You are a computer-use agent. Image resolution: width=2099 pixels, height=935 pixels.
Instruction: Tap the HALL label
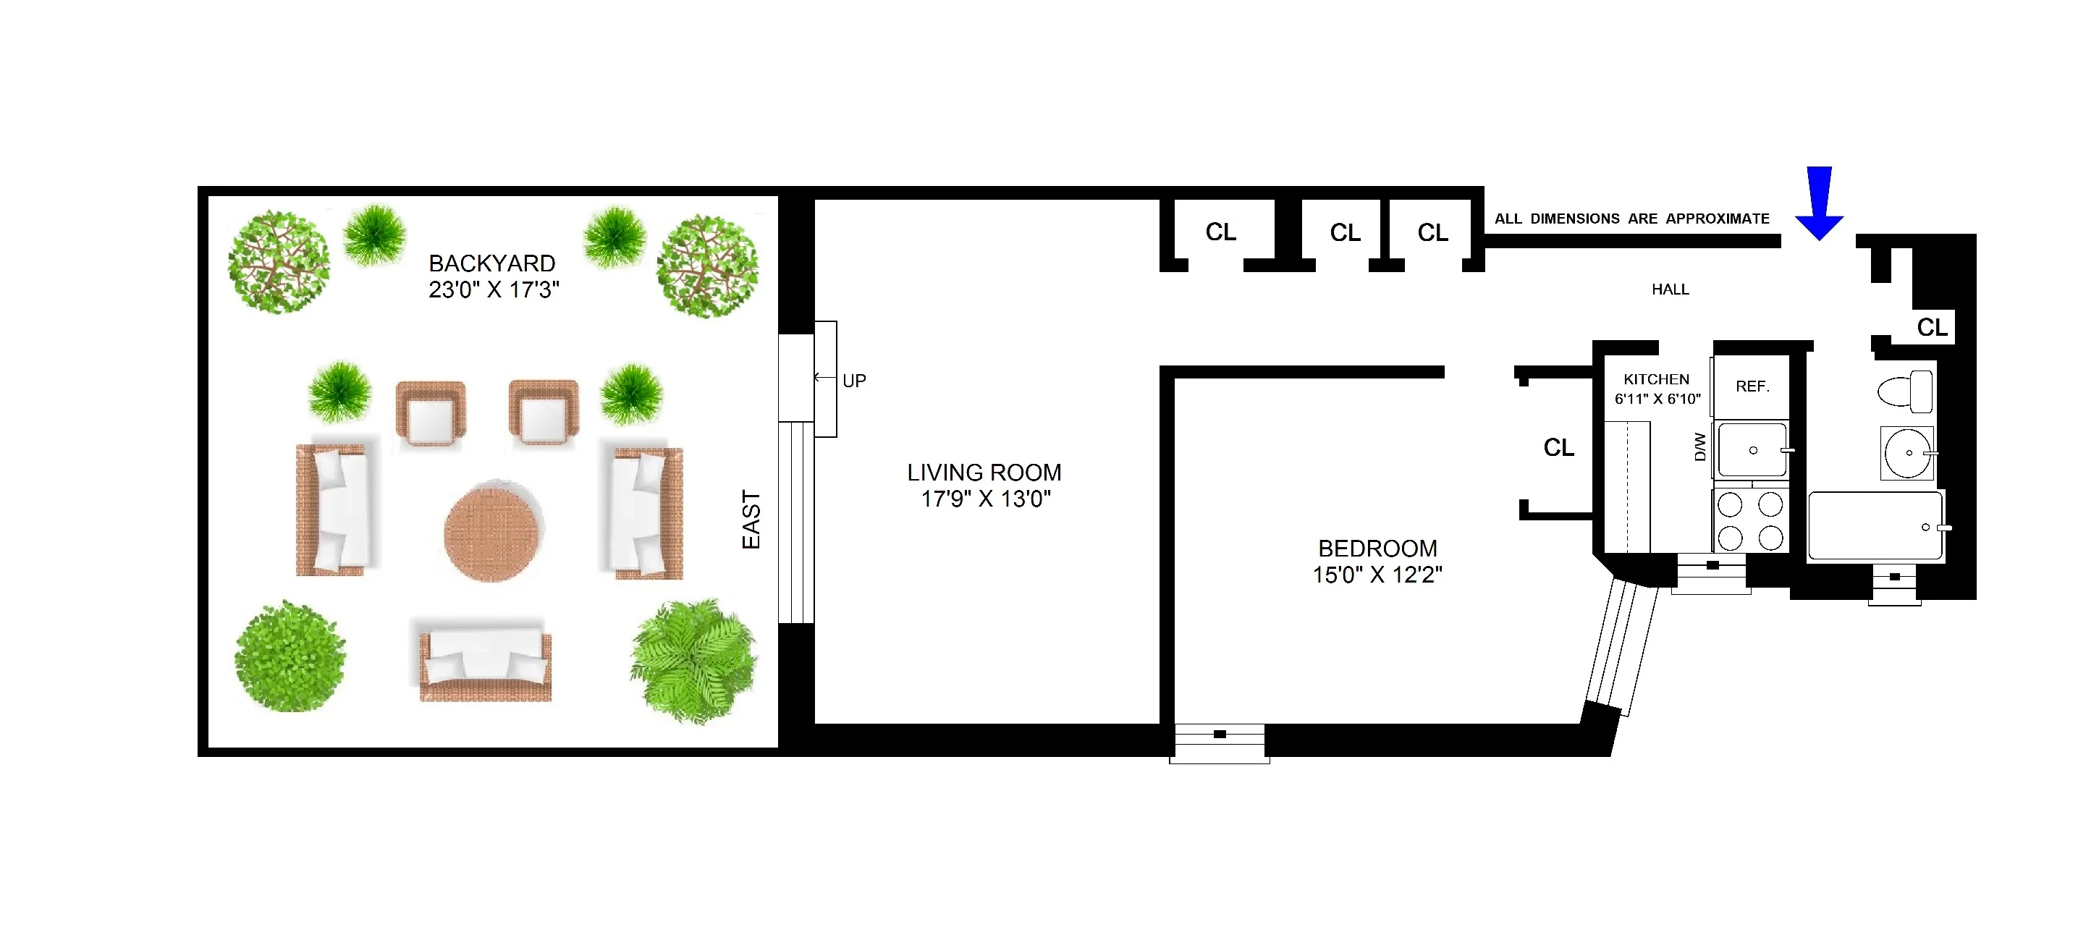(x=1670, y=289)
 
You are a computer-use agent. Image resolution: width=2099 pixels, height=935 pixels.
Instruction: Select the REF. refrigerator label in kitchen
(x=1752, y=386)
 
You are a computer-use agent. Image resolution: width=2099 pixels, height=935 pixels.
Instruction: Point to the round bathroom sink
(x=1906, y=453)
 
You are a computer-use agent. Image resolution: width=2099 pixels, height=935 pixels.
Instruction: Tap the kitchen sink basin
(x=1752, y=449)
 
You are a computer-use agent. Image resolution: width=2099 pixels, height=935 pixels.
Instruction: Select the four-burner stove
(x=1750, y=521)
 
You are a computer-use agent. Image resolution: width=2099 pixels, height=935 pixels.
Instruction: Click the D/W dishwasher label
(x=1699, y=447)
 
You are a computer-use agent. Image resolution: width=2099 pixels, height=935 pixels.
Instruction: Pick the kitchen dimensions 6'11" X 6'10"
(x=1657, y=399)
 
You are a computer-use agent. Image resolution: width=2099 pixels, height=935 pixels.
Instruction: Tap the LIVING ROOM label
(x=984, y=473)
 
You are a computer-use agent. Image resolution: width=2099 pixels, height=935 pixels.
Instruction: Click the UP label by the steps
(x=854, y=381)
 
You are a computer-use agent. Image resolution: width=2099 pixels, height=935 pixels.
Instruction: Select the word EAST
(x=751, y=520)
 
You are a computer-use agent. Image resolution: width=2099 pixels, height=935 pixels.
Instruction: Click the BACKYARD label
(x=492, y=263)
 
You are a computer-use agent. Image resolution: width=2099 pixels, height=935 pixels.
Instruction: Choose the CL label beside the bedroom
(x=1558, y=447)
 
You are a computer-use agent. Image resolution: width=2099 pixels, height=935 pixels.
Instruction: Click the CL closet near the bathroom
(x=1931, y=327)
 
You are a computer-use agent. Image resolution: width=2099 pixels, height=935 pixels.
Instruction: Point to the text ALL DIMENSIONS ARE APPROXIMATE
(x=1631, y=219)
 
